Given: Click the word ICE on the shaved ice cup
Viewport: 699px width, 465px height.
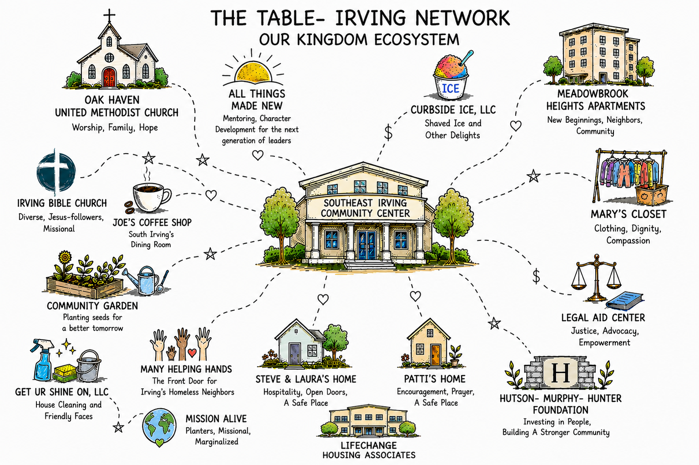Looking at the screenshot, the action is coord(451,89).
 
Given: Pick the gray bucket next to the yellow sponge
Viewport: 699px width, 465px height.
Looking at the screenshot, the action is coord(89,366).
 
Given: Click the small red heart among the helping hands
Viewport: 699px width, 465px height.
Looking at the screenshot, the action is coord(192,353).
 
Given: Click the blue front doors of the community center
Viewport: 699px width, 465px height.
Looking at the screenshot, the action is coord(367,245).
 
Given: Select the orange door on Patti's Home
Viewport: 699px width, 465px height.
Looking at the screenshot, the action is coord(436,355).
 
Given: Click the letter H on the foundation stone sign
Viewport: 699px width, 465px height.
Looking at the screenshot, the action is coord(561,373).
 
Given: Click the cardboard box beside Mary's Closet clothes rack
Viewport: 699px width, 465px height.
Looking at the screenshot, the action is coord(652,195).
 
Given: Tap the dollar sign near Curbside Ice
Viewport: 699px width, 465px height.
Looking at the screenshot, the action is coord(388,133).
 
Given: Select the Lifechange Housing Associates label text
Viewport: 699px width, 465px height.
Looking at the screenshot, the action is coord(369,450).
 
